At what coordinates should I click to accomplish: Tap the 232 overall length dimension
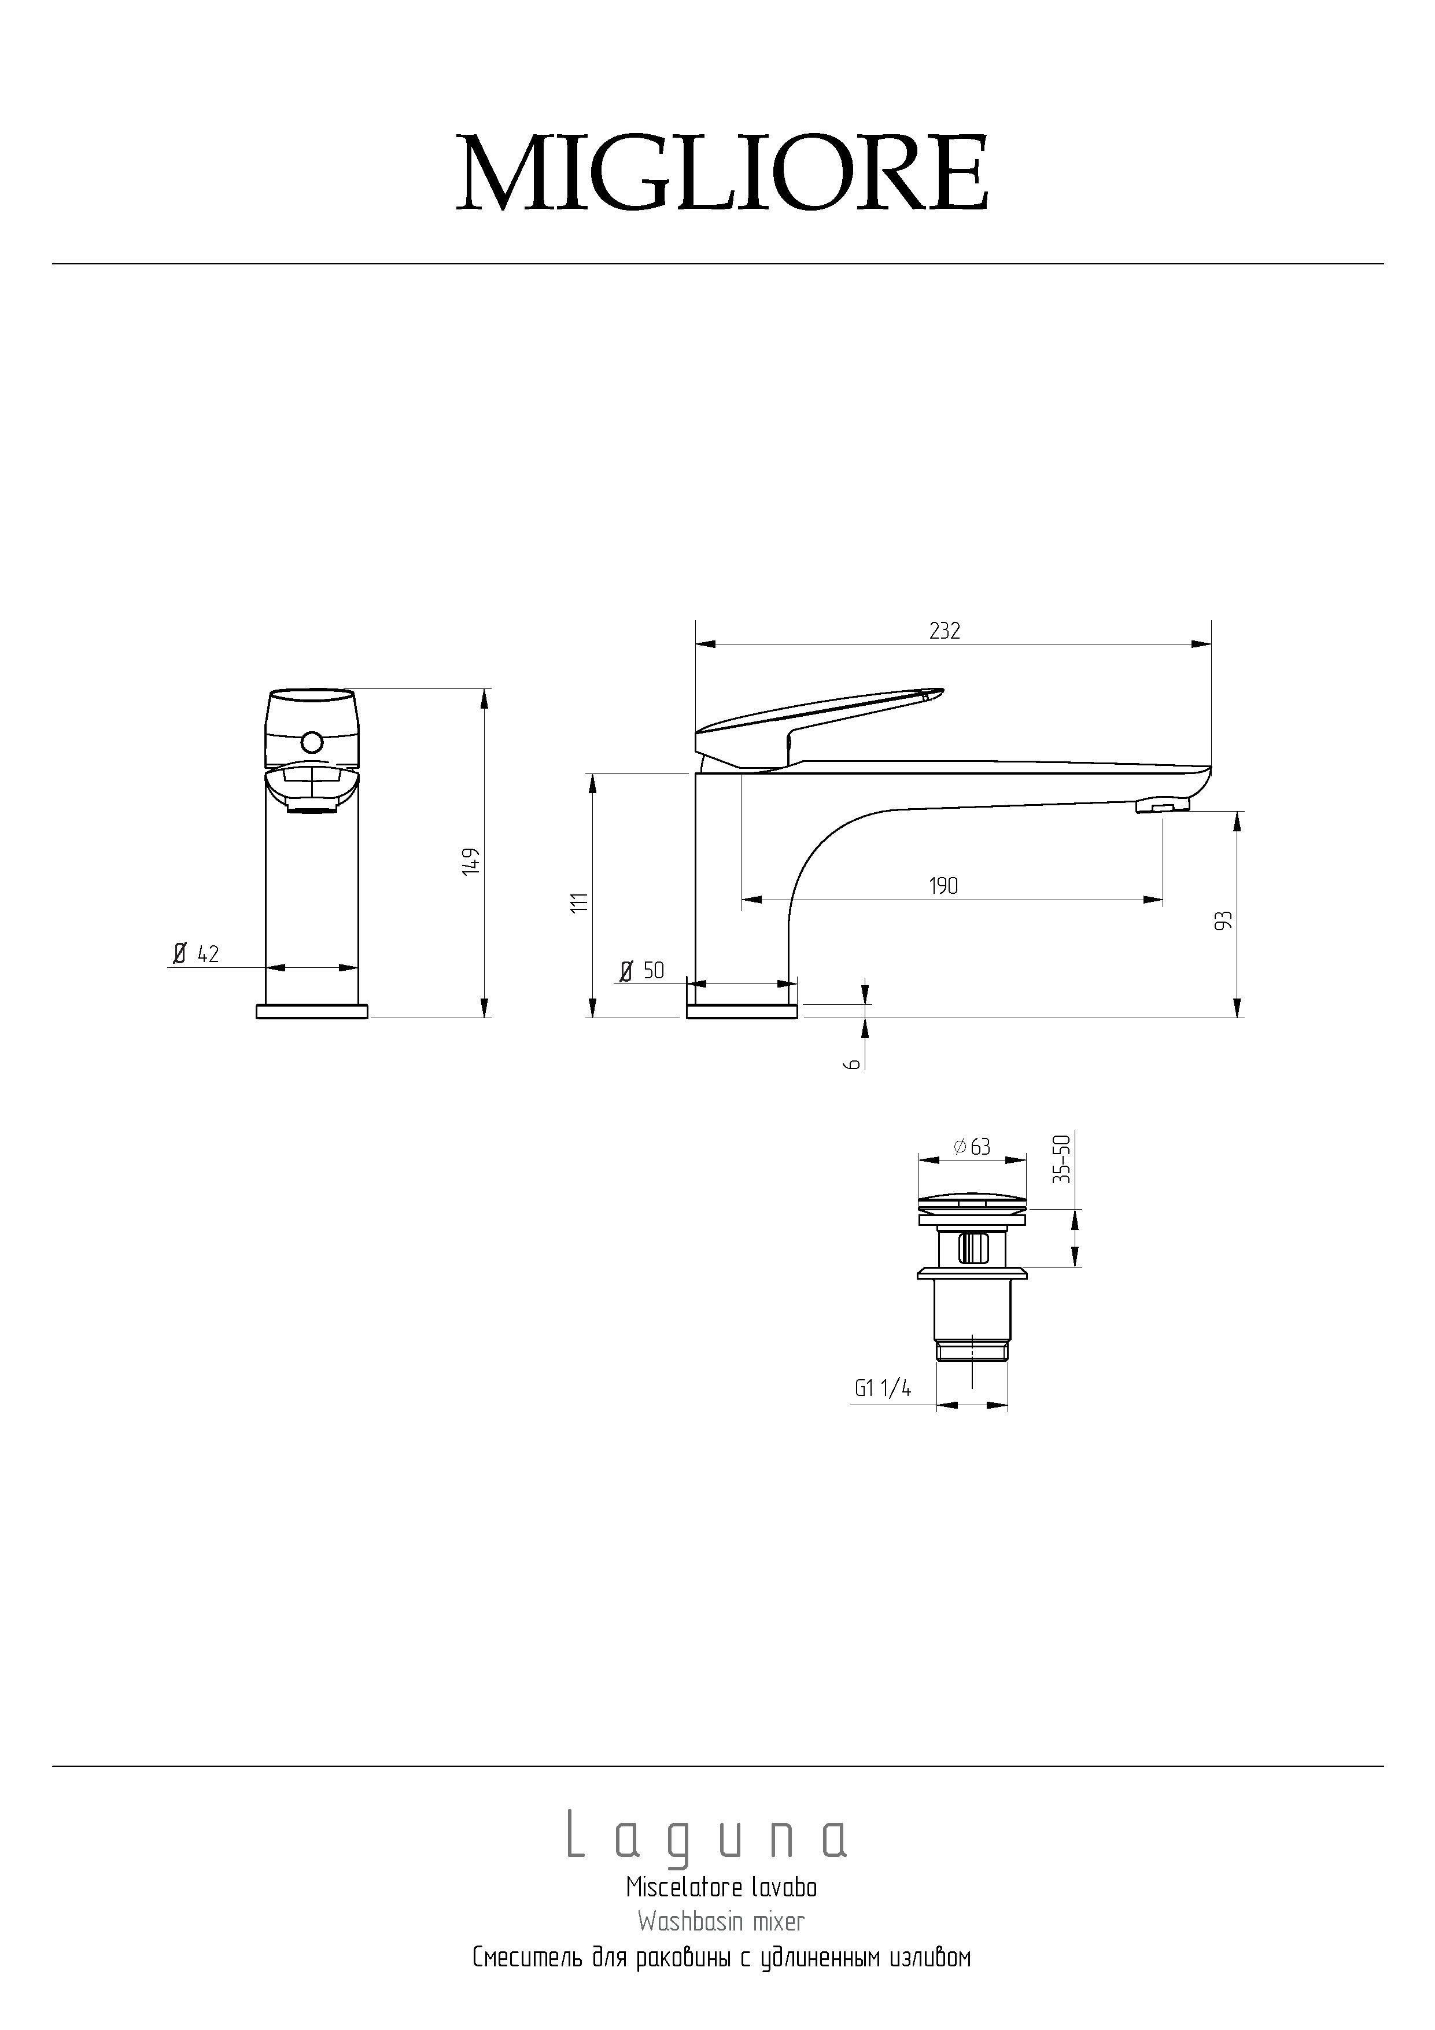(x=945, y=631)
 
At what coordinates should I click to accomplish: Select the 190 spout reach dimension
(x=943, y=885)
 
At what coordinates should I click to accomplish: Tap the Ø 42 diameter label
(x=196, y=953)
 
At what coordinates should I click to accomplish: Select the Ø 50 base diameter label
(x=642, y=970)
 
